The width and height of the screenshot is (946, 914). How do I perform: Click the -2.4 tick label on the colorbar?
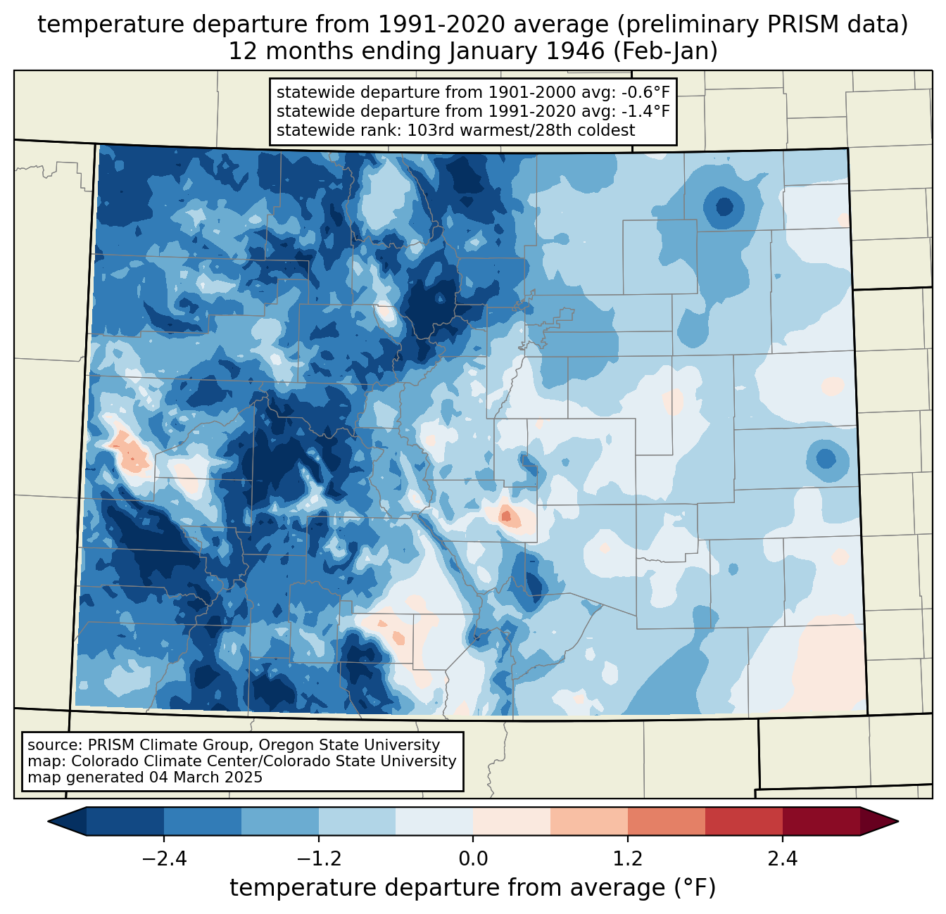click(x=163, y=859)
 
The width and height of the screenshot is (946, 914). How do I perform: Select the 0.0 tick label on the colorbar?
click(x=473, y=859)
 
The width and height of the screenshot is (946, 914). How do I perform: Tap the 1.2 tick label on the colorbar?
click(x=628, y=859)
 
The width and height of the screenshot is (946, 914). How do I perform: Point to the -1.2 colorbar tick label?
click(x=318, y=859)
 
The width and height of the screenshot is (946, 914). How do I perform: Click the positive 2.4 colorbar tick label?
click(x=783, y=859)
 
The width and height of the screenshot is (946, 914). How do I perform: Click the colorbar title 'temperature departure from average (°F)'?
click(x=473, y=888)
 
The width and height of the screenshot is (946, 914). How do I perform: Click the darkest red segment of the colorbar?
click(x=821, y=821)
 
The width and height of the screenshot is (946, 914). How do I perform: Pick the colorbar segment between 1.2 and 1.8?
click(x=667, y=821)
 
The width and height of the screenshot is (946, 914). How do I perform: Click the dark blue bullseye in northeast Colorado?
click(x=724, y=207)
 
